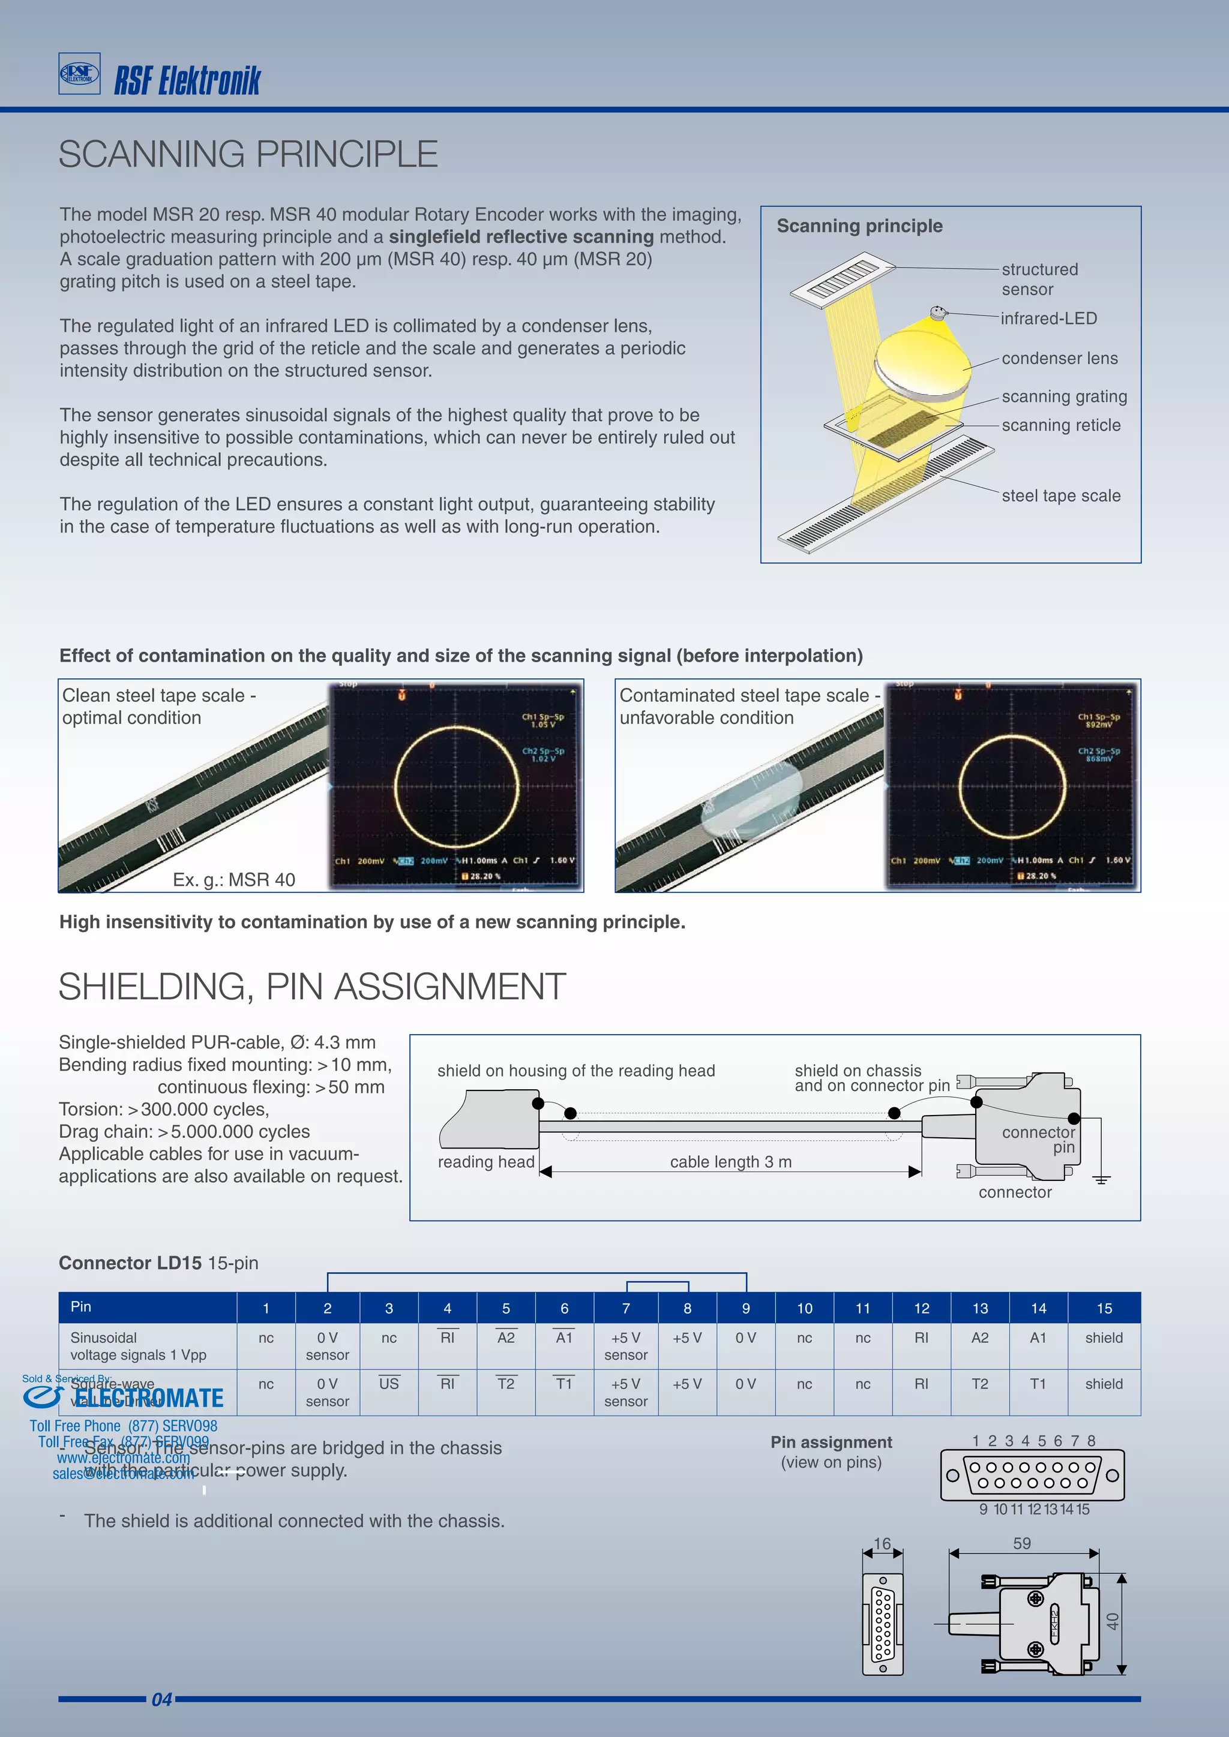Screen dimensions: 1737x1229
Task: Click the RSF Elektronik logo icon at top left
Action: point(79,73)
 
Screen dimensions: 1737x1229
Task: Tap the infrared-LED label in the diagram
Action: point(1048,318)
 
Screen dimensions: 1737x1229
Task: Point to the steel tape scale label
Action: point(1060,496)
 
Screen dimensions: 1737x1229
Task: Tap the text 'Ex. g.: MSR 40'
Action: point(234,880)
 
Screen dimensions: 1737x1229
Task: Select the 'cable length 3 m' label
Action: point(730,1162)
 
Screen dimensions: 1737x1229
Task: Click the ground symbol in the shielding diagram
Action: point(1101,1179)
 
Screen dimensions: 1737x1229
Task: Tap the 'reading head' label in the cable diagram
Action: point(486,1162)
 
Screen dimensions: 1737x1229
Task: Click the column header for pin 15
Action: point(1104,1308)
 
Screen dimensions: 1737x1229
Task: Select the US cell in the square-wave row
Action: point(388,1384)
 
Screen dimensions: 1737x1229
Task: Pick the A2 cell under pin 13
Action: point(979,1338)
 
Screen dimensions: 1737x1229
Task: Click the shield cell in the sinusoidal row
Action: point(1104,1338)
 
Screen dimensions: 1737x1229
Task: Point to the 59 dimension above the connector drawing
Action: point(1021,1543)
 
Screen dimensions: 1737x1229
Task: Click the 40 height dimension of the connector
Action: point(1112,1621)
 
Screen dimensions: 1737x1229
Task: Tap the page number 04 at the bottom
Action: point(162,1700)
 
